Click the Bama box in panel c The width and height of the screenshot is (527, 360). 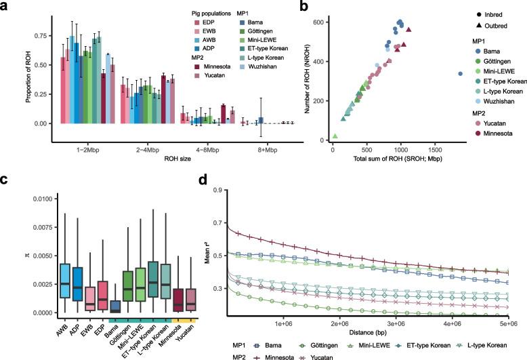click(96, 306)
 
